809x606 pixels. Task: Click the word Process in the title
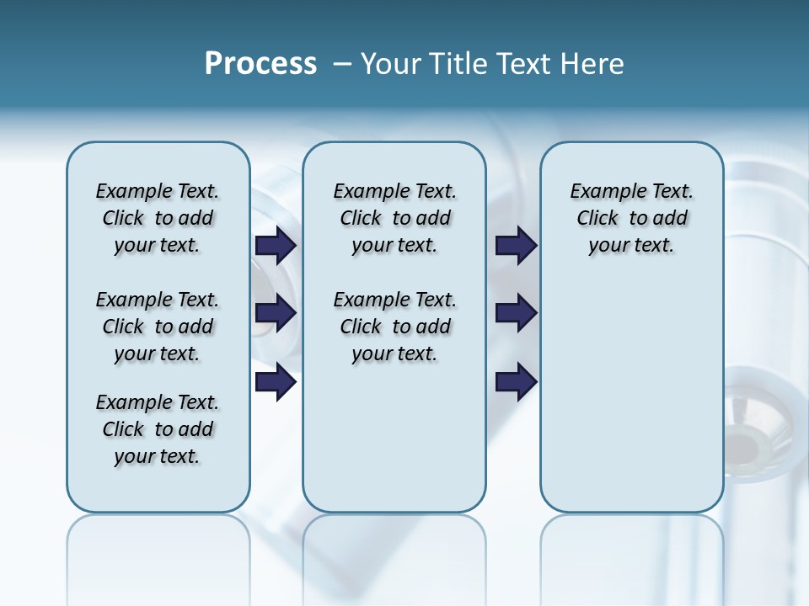point(260,64)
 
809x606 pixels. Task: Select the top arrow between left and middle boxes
point(276,245)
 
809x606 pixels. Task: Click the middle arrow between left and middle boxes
point(276,313)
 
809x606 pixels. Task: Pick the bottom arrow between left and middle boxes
point(276,382)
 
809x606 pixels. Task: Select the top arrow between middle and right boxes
point(516,245)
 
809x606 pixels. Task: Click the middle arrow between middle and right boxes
point(516,313)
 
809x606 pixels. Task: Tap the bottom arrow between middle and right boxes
point(516,382)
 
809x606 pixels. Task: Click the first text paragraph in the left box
point(158,218)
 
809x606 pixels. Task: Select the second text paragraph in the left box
point(158,327)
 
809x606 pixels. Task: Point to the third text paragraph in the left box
point(158,429)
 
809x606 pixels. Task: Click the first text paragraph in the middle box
point(394,218)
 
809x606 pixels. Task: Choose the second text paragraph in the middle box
point(394,327)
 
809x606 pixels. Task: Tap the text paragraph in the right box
point(631,218)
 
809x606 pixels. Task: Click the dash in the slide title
point(343,64)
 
